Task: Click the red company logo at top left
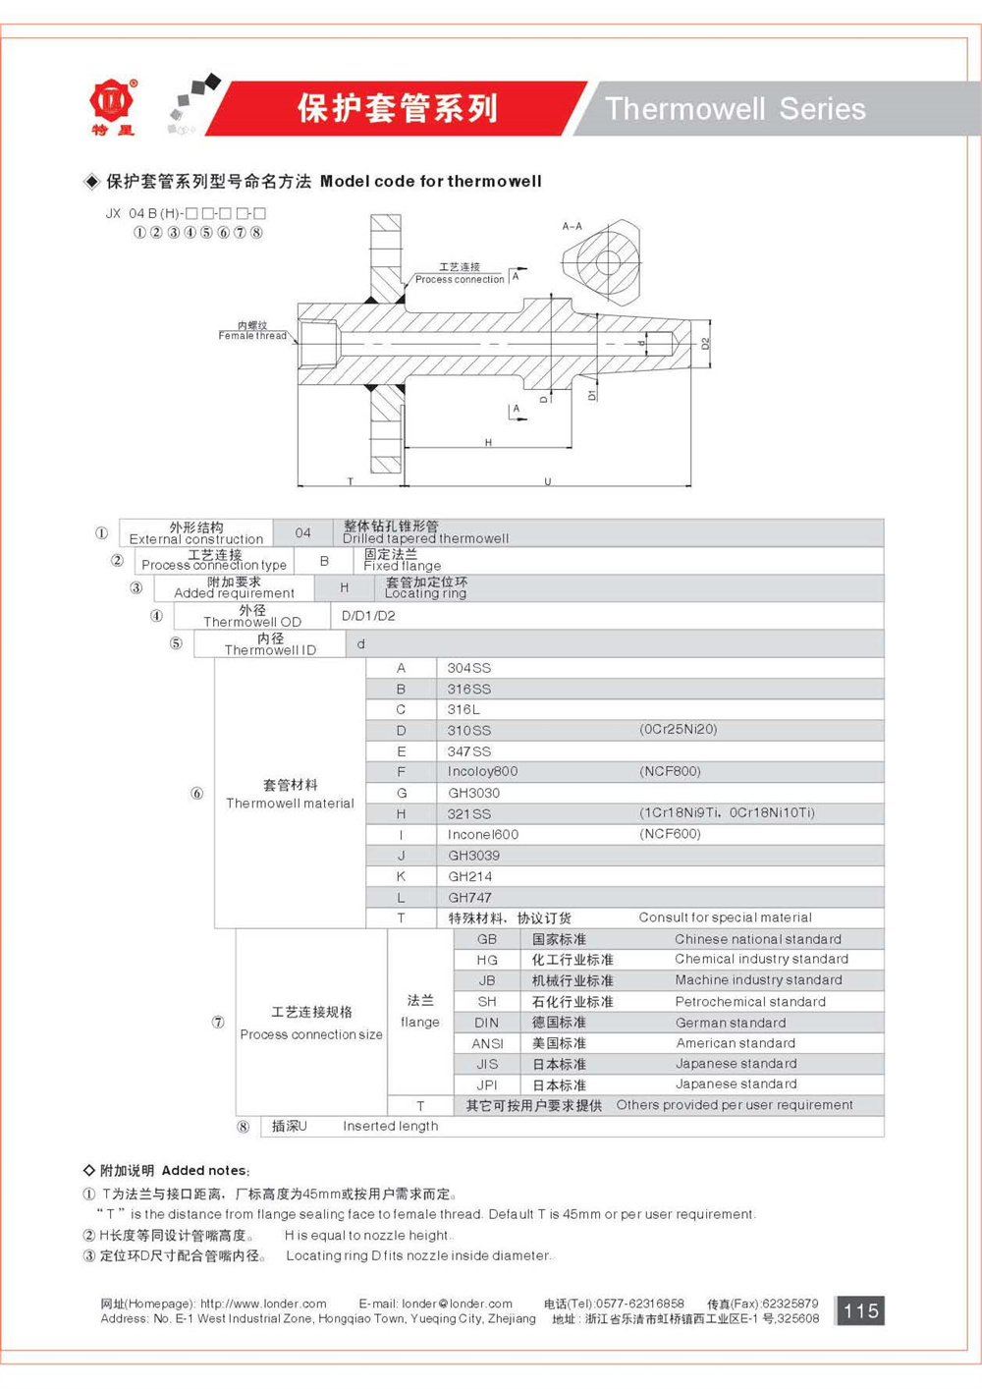[x=113, y=103]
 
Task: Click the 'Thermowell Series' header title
[x=735, y=109]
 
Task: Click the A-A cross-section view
[x=599, y=261]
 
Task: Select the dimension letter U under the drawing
[x=547, y=481]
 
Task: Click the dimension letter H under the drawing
[x=488, y=443]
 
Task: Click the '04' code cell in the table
[x=302, y=532]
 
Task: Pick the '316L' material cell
[x=464, y=709]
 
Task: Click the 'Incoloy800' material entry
[x=482, y=771]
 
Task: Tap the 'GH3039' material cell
[x=473, y=856]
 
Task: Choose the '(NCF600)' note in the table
[x=670, y=834]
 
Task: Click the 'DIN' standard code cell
[x=487, y=1023]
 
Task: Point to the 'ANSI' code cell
[x=487, y=1043]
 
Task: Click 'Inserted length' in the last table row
[x=390, y=1126]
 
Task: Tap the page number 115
[x=860, y=1310]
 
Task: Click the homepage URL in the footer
[x=263, y=1304]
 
